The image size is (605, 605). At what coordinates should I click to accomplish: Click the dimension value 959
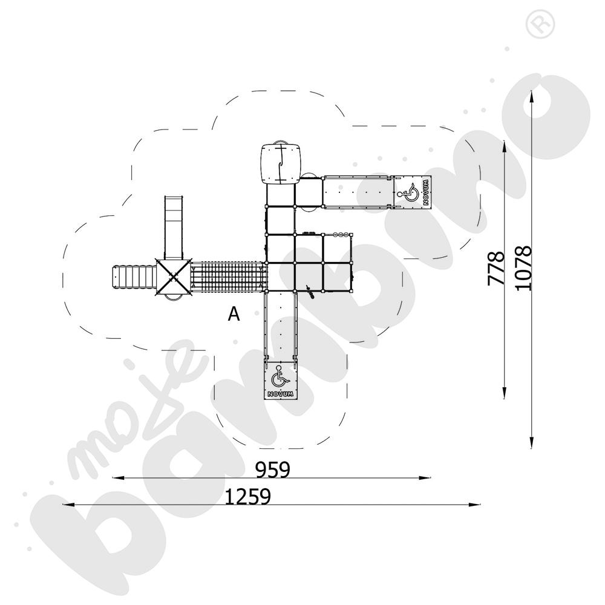tap(272, 469)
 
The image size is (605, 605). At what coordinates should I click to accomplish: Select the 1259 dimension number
tap(248, 497)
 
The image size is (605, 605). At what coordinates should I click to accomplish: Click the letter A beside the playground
tap(234, 314)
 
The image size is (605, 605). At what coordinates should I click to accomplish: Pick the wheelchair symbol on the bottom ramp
tap(280, 378)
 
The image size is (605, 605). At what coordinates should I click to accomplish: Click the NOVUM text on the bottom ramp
tap(280, 394)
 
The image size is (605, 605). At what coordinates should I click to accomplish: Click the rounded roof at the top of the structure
tap(280, 164)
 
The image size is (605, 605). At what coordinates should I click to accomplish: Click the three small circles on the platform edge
tap(341, 234)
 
